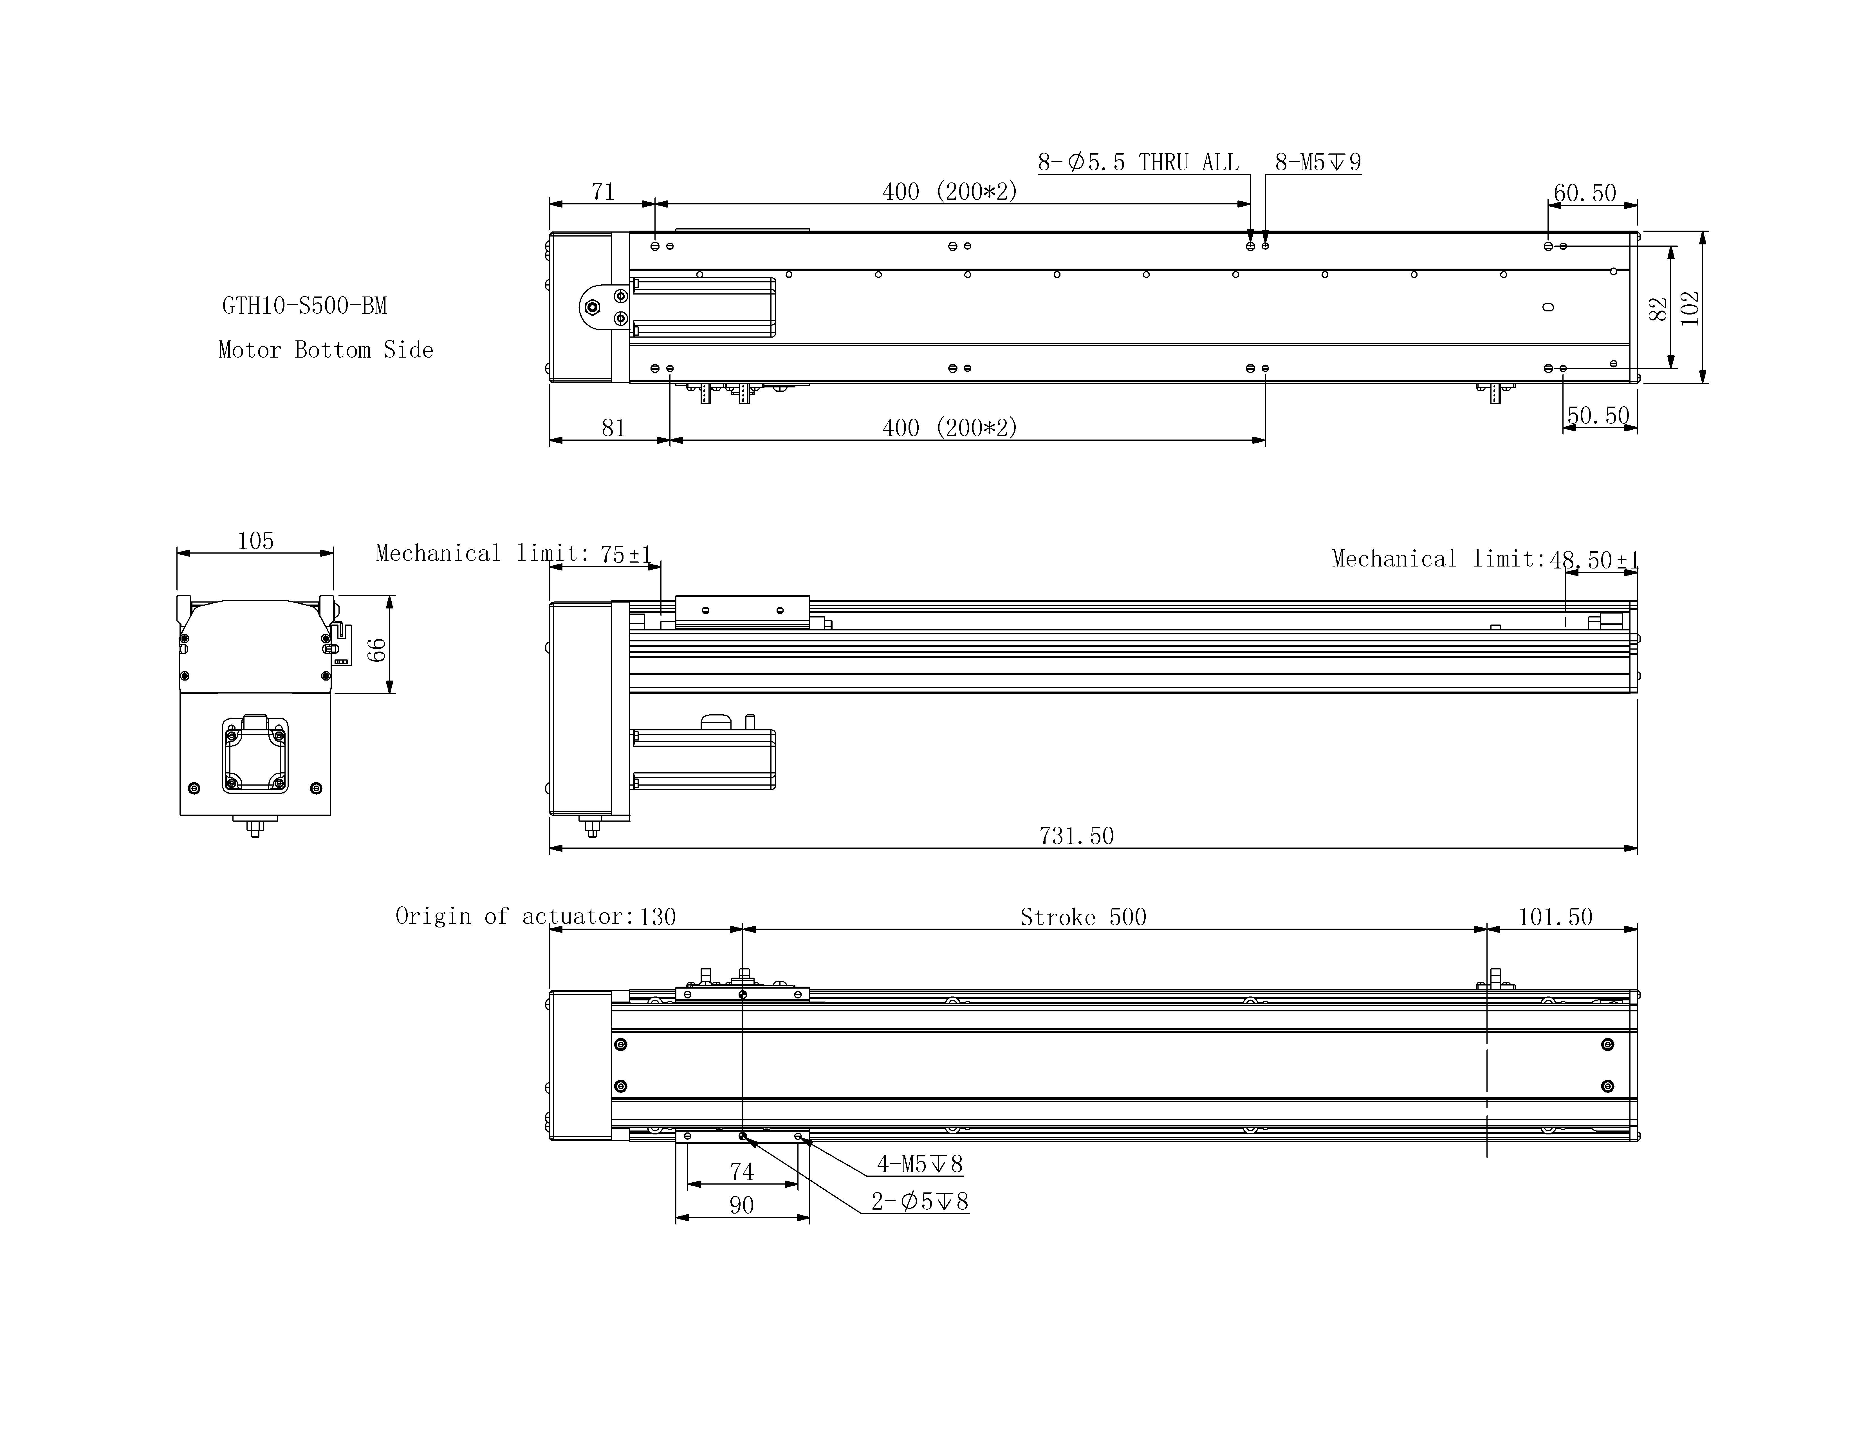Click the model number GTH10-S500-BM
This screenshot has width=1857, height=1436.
click(x=304, y=306)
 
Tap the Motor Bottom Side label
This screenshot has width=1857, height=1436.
click(x=326, y=350)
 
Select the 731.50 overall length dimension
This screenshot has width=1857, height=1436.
click(x=1076, y=836)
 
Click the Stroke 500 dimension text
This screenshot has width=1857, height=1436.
click(x=1083, y=917)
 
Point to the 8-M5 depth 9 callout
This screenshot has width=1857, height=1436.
click(x=1318, y=162)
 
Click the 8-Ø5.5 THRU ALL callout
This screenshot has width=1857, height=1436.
click(x=1138, y=162)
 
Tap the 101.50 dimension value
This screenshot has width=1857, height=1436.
click(x=1555, y=917)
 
